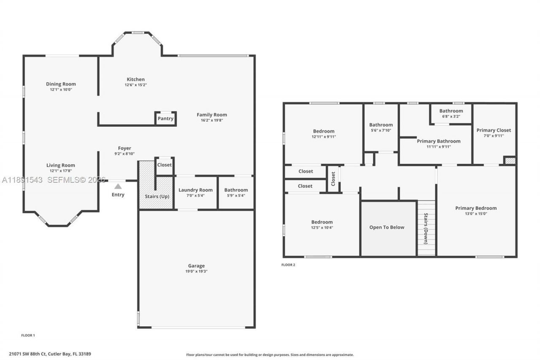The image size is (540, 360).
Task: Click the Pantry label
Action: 165,119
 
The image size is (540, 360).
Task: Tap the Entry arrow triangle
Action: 118,186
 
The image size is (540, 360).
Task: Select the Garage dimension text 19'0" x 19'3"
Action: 196,271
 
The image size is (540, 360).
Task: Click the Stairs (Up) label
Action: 157,196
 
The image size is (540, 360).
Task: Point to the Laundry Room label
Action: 195,190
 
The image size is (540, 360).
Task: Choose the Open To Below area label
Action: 386,227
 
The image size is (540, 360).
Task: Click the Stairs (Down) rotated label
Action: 426,229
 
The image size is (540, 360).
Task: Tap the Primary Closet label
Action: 494,130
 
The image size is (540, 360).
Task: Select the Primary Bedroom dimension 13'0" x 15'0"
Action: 476,214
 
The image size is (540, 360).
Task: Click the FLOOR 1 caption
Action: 28,335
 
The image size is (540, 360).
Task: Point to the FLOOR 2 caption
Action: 288,265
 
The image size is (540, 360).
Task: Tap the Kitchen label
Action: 135,79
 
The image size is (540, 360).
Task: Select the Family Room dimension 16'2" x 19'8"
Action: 212,120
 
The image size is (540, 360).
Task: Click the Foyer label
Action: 124,148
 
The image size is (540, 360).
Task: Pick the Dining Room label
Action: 61,84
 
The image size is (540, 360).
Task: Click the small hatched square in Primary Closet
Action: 510,160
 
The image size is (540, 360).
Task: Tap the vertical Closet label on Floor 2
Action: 333,179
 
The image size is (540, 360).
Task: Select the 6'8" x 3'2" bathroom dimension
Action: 451,116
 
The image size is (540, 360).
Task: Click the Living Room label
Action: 61,165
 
